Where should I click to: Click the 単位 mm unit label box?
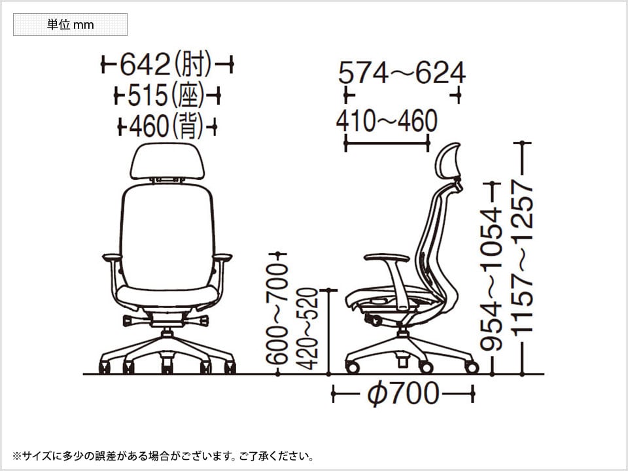click(x=70, y=24)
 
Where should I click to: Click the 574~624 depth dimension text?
click(x=402, y=73)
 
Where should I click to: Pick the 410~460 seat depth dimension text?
click(x=387, y=121)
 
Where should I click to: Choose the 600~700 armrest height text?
click(x=277, y=313)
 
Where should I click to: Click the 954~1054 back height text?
click(x=491, y=279)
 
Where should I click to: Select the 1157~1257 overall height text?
click(x=522, y=258)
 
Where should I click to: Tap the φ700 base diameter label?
click(x=403, y=393)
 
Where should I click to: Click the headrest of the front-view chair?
click(x=167, y=161)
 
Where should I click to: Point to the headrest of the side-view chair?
click(x=447, y=161)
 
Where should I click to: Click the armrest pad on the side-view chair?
click(x=387, y=257)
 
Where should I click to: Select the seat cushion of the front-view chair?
click(x=167, y=296)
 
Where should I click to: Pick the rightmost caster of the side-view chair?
click(x=472, y=367)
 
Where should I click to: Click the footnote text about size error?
click(x=163, y=456)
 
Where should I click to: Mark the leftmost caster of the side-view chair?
click(x=352, y=367)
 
